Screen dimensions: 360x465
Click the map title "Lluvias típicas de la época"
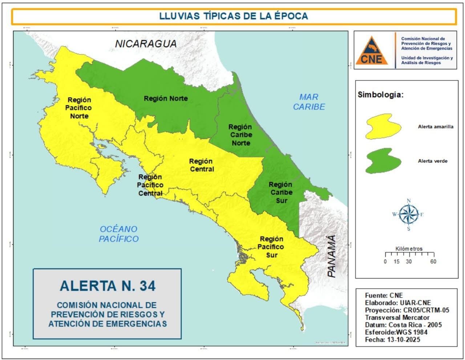(x=234, y=16)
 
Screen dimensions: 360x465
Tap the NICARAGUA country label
(x=146, y=44)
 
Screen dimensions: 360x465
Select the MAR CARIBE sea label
(x=309, y=102)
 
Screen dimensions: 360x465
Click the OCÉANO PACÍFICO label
(x=119, y=234)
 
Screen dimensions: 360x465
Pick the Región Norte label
(x=166, y=98)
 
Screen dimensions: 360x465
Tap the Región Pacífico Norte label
(x=79, y=108)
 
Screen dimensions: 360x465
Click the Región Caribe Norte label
(x=240, y=135)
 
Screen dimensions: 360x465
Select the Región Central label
(x=201, y=165)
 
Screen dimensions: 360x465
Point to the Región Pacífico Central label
(x=150, y=185)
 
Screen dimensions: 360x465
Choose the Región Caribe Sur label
(x=280, y=193)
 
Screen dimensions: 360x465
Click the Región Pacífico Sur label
(x=271, y=247)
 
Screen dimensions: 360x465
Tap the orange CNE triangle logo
(x=372, y=50)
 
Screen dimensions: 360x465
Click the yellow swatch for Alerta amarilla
(x=383, y=126)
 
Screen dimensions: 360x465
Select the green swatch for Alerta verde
(x=383, y=160)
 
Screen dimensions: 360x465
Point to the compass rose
(x=409, y=214)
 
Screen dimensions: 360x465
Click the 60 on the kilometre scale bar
(x=433, y=262)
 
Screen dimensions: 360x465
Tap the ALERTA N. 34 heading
(x=108, y=286)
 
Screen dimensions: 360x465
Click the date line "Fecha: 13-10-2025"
(x=392, y=340)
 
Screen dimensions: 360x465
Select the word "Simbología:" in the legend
(x=381, y=95)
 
